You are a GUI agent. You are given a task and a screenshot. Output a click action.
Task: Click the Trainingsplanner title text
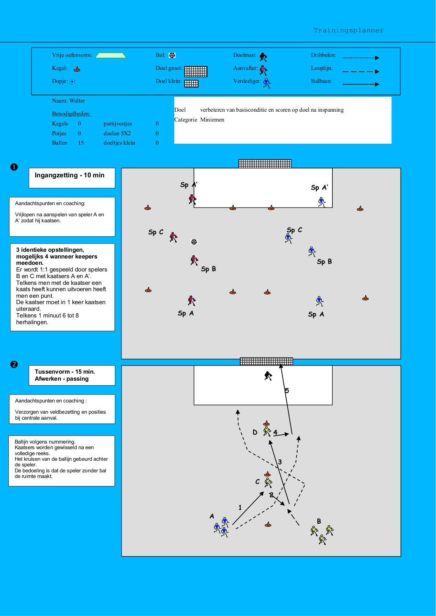tap(349, 31)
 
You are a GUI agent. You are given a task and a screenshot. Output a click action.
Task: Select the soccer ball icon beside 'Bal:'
tap(172, 55)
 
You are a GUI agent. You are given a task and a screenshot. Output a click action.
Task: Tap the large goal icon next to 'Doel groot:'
tap(196, 71)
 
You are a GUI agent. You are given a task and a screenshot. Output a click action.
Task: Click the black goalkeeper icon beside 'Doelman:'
tap(263, 57)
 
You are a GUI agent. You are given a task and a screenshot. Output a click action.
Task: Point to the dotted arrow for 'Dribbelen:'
tap(361, 58)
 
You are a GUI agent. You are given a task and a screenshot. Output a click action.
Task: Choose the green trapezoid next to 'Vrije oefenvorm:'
tap(111, 55)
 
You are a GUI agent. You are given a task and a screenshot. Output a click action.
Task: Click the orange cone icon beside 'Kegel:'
tap(77, 69)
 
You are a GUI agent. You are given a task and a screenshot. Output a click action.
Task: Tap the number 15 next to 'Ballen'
tap(81, 143)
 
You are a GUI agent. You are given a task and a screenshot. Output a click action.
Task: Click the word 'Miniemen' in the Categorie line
tap(212, 120)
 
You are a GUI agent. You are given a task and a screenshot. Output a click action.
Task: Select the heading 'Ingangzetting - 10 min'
tap(70, 175)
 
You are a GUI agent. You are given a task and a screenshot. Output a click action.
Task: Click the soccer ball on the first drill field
tap(194, 242)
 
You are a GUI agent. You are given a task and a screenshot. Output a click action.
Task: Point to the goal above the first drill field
tap(265, 164)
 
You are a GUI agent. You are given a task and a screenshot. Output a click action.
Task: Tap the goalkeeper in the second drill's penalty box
tap(268, 376)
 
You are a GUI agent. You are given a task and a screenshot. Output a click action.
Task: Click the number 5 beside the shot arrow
tap(287, 391)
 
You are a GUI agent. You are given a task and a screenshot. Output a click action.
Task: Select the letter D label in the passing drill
tap(255, 432)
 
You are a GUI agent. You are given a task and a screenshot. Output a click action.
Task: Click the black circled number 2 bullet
tap(14, 364)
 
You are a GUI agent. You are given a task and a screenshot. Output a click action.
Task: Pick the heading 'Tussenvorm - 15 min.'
tap(65, 372)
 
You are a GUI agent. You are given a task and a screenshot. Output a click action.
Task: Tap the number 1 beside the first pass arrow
tap(240, 507)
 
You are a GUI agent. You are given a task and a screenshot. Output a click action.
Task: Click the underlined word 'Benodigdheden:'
tap(72, 114)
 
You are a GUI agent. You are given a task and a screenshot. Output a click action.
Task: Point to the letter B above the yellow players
tap(319, 521)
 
